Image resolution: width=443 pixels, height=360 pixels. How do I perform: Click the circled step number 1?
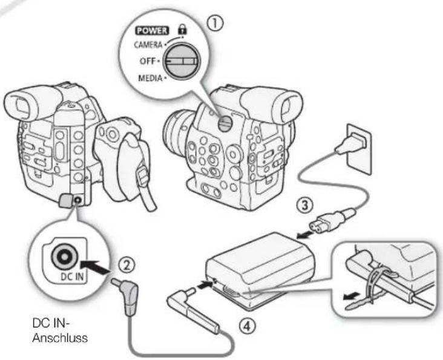click(x=215, y=24)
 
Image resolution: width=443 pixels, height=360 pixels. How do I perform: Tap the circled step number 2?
click(x=126, y=265)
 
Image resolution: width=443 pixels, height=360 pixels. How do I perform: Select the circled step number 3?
click(x=304, y=205)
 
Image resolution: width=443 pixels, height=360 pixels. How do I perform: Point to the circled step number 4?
click(x=247, y=327)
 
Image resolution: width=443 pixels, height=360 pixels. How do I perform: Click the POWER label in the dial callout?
click(x=152, y=30)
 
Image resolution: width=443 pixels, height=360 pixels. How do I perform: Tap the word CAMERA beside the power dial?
click(x=148, y=45)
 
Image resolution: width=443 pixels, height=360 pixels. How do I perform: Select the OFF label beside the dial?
click(x=148, y=61)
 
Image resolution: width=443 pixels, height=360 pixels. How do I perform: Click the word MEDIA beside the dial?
click(x=150, y=78)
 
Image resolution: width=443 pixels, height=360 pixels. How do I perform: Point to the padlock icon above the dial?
click(x=182, y=29)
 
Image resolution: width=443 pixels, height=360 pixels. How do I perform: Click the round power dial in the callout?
click(x=182, y=61)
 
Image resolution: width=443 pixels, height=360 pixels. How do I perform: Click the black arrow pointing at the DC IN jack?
click(x=95, y=267)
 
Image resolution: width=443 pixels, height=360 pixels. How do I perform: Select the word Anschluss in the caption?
click(x=60, y=338)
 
